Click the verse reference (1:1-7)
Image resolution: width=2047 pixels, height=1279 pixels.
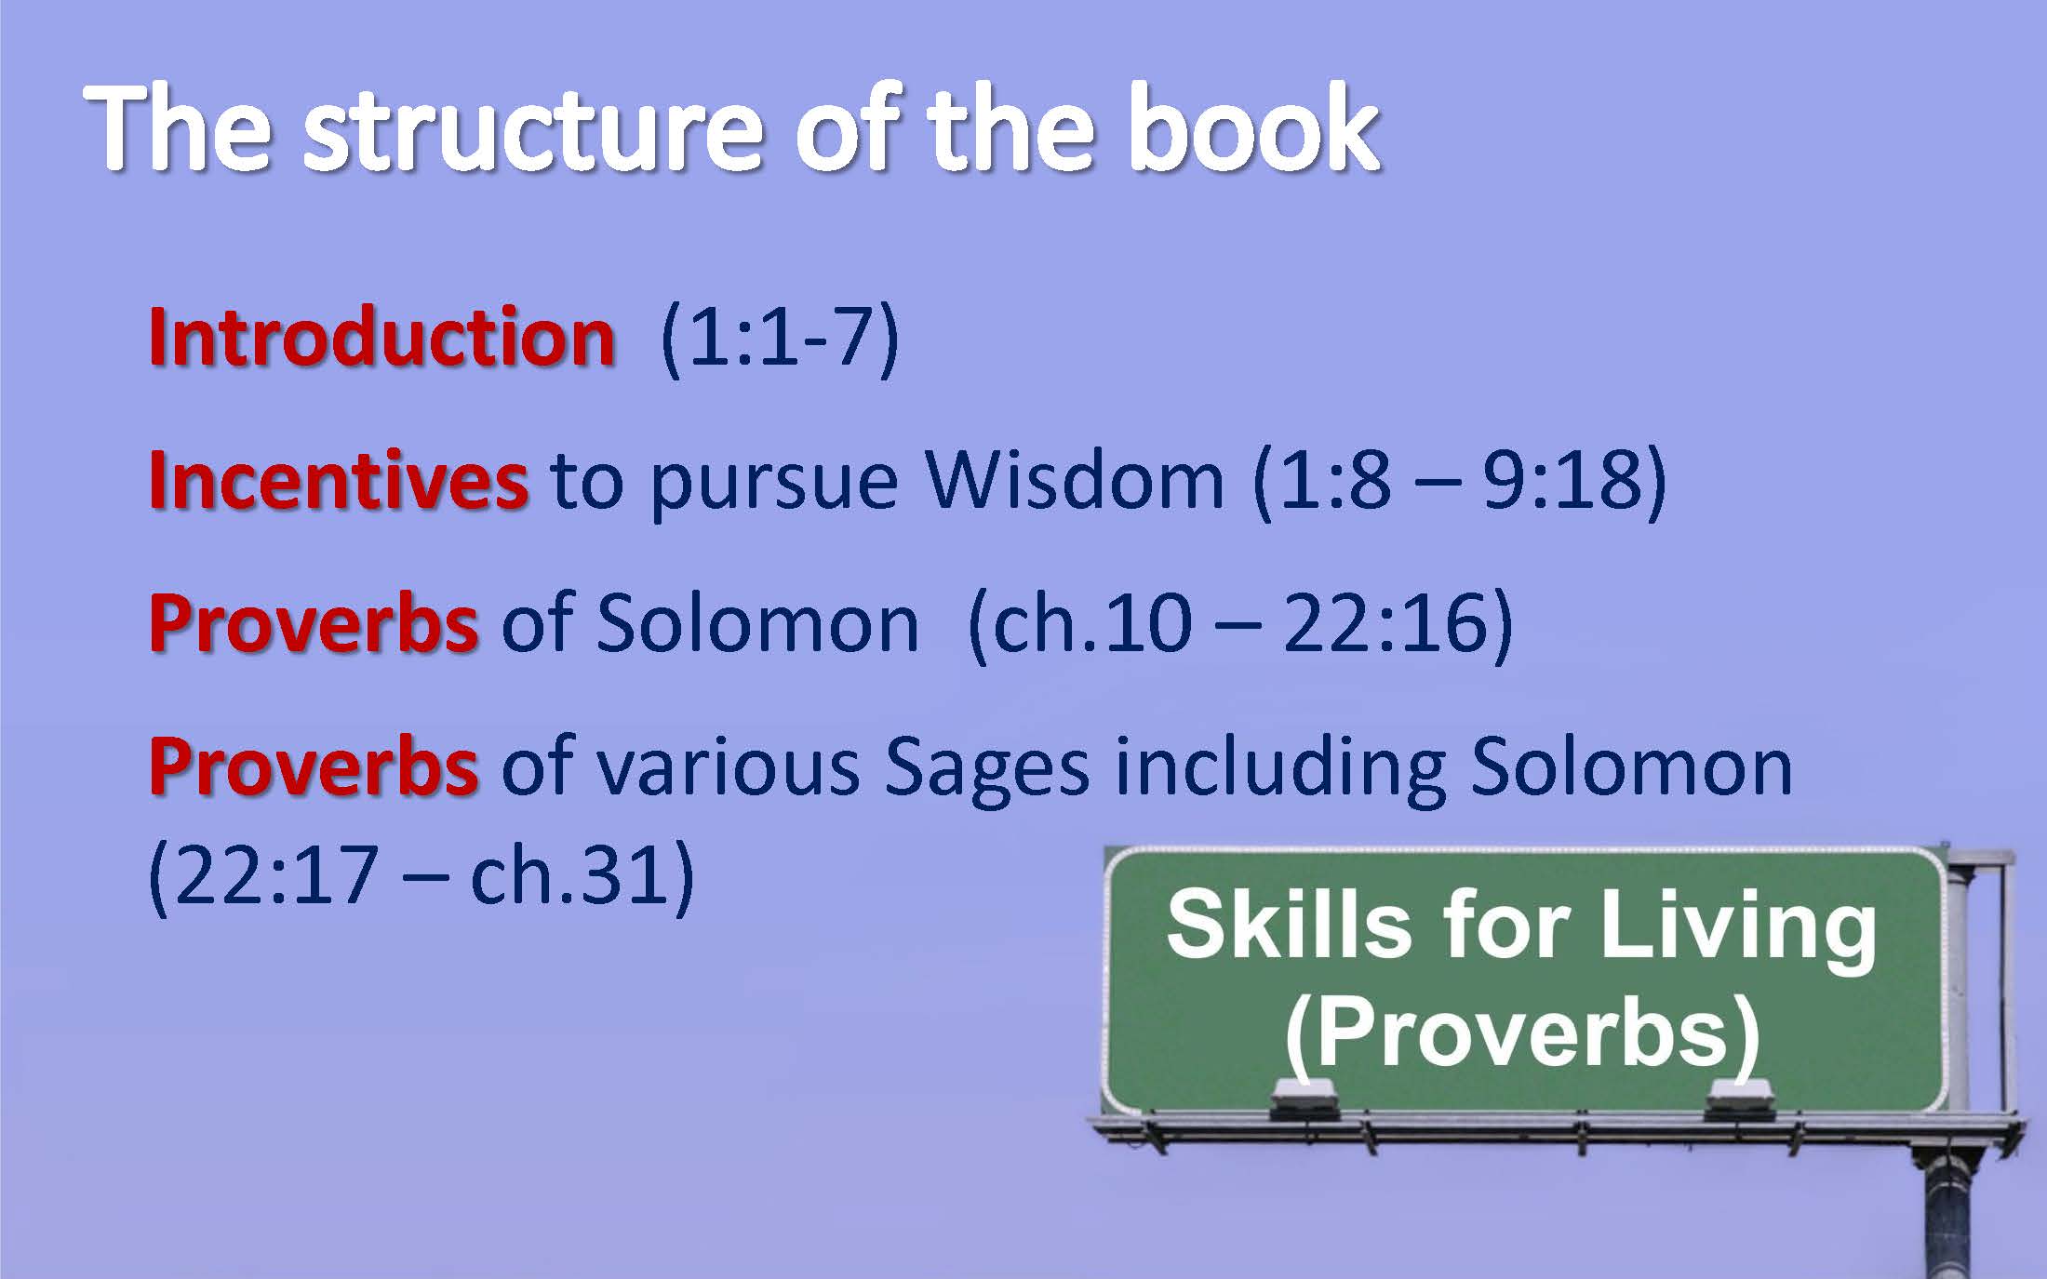pyautogui.click(x=780, y=339)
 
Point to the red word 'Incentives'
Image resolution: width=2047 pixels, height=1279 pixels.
pyautogui.click(x=339, y=480)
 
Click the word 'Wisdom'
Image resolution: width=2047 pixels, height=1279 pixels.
pyautogui.click(x=1075, y=480)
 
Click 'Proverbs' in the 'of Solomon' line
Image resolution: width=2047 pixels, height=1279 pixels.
pyautogui.click(x=314, y=622)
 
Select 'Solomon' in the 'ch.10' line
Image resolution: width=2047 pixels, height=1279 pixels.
pyautogui.click(x=757, y=622)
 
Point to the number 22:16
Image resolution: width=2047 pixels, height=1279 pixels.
pyautogui.click(x=1385, y=622)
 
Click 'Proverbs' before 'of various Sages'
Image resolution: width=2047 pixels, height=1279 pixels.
pyautogui.click(x=314, y=766)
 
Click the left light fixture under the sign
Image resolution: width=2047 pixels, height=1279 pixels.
pyautogui.click(x=1304, y=1099)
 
